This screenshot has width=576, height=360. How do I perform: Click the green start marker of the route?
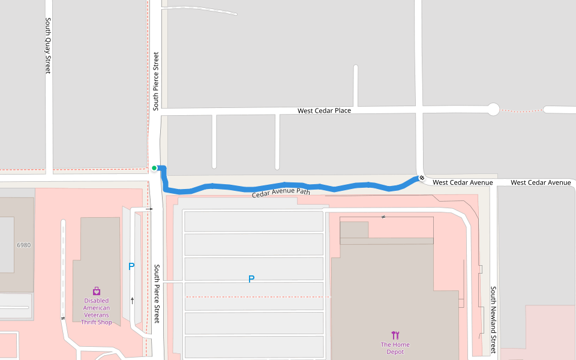(154, 168)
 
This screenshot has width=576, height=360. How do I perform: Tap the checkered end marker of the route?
(422, 178)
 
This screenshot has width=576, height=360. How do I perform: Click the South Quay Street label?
(48, 45)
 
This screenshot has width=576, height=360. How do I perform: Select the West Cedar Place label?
(324, 111)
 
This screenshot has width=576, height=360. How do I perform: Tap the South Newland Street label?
(493, 320)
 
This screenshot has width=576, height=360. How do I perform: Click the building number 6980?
(23, 245)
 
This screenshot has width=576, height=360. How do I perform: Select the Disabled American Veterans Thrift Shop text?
(97, 311)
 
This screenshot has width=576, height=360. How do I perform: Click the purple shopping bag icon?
(97, 291)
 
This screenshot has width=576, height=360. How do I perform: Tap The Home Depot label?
(395, 348)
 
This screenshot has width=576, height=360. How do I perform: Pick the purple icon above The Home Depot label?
(395, 335)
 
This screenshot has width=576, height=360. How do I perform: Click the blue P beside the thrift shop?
(131, 267)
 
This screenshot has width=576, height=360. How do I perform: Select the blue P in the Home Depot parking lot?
(251, 279)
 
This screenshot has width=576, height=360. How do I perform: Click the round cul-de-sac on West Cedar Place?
(493, 109)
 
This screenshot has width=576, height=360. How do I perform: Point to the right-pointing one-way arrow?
(150, 209)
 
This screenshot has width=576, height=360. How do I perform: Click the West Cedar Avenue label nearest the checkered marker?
(463, 182)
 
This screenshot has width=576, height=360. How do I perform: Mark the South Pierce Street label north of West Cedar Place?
(156, 81)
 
